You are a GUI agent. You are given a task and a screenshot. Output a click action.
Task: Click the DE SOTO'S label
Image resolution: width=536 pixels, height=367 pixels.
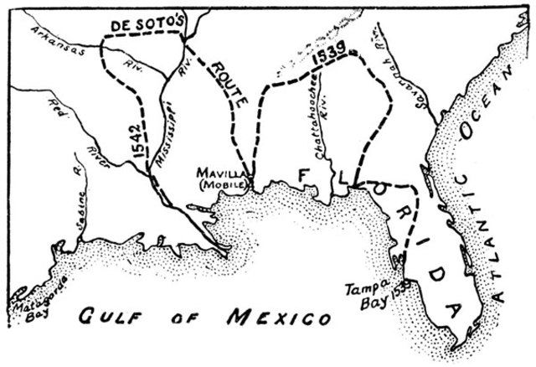[143, 26]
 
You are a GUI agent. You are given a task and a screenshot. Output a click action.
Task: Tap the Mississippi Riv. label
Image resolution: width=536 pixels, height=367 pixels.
[167, 113]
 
